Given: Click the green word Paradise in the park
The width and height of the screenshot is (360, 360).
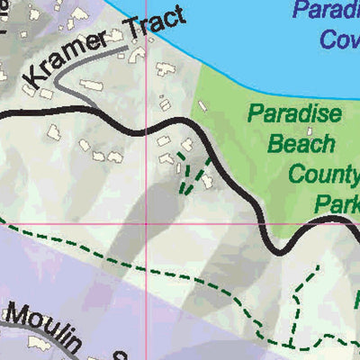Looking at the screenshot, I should point(295,114).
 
